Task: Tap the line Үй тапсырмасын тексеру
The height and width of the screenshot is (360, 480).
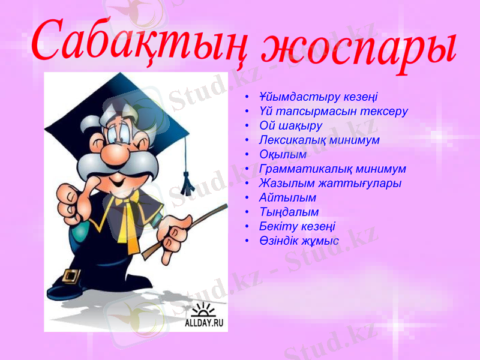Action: pyautogui.click(x=333, y=111)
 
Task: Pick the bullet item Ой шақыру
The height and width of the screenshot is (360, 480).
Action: pyautogui.click(x=290, y=126)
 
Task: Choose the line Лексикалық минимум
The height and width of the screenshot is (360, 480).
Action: pyautogui.click(x=319, y=140)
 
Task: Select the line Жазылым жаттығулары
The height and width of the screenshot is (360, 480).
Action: pyautogui.click(x=330, y=184)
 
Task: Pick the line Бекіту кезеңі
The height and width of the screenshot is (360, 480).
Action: pyautogui.click(x=297, y=227)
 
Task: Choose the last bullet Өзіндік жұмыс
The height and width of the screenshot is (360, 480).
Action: pyautogui.click(x=299, y=241)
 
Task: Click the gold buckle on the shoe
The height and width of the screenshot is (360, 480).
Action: pyautogui.click(x=71, y=275)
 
